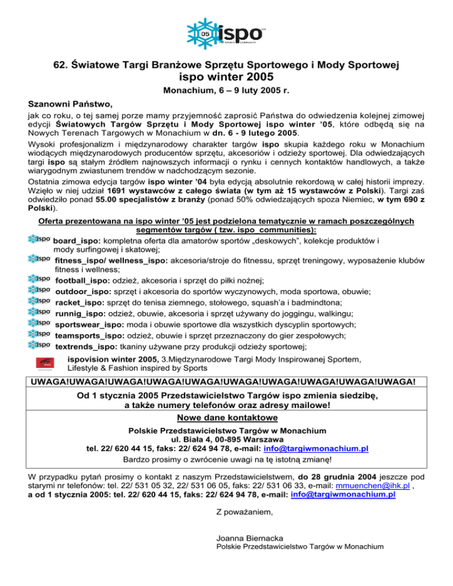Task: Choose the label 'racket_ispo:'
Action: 79,302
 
